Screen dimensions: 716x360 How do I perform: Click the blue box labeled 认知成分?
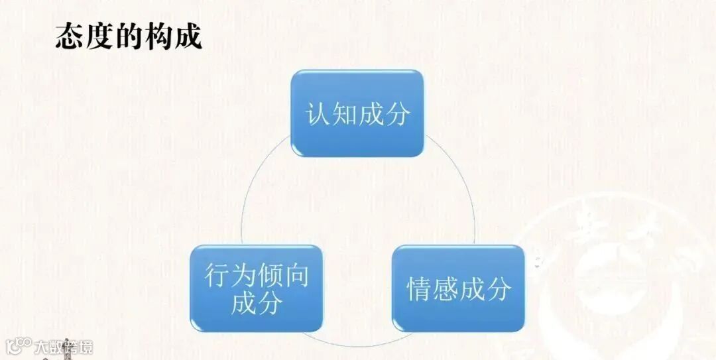click(x=357, y=113)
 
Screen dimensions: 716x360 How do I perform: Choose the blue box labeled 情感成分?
click(x=459, y=288)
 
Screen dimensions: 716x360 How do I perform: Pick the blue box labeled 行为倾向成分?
click(x=257, y=288)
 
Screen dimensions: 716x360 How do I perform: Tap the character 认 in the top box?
click(x=318, y=114)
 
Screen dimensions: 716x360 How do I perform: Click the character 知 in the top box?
click(x=344, y=114)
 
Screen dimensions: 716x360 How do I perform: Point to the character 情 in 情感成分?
click(x=419, y=290)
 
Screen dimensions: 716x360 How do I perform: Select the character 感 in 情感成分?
click(x=446, y=290)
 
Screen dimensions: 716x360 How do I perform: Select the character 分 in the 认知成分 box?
click(x=397, y=114)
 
